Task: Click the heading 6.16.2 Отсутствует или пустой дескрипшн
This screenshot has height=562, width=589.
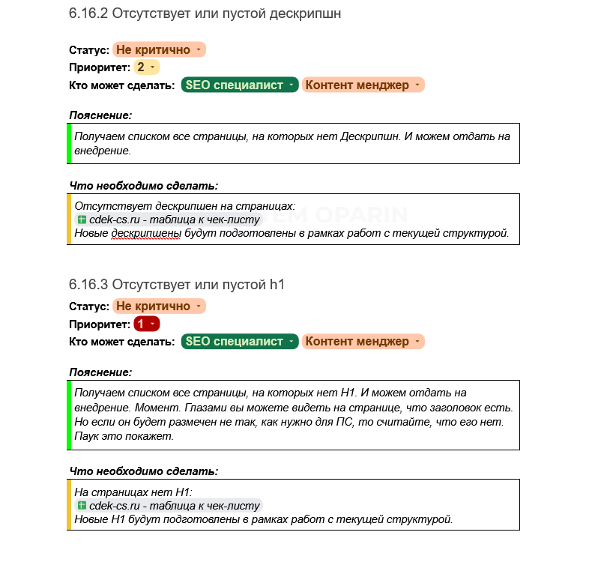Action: tap(205, 14)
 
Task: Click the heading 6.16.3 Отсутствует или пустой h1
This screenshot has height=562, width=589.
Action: tap(177, 285)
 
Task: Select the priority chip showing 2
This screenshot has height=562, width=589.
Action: tap(146, 67)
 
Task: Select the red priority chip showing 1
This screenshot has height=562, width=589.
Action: tap(146, 324)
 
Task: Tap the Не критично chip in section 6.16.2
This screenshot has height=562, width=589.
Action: tap(158, 50)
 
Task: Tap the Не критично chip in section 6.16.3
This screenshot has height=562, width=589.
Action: tap(158, 306)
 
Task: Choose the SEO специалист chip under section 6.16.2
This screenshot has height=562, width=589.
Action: tap(239, 85)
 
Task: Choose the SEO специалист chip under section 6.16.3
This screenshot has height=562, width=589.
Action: tap(239, 342)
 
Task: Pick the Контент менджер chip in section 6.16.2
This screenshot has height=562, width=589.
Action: tap(363, 85)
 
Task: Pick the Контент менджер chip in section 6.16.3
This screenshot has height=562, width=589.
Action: tap(363, 342)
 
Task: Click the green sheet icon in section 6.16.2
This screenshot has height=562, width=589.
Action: tap(82, 220)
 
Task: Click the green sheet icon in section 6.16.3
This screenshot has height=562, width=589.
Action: tap(82, 506)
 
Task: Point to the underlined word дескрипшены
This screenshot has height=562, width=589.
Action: tap(146, 233)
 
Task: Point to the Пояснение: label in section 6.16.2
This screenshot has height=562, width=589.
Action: tap(100, 115)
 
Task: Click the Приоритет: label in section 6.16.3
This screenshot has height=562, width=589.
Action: tap(100, 324)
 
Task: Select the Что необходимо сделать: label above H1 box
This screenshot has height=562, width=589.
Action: tap(144, 471)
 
